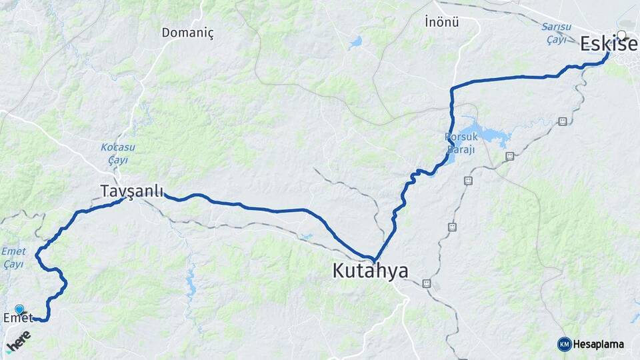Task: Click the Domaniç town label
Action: [x=187, y=32]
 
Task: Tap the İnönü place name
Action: [x=442, y=21]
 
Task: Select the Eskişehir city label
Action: [x=608, y=44]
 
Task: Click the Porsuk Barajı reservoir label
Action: [x=460, y=143]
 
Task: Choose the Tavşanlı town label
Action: [x=132, y=191]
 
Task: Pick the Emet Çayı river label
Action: [x=13, y=257]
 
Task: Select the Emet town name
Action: [x=18, y=318]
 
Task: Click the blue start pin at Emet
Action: [x=19, y=309]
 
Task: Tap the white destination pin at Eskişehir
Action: [x=622, y=35]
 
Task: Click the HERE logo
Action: [x=18, y=341]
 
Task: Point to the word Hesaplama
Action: [x=599, y=344]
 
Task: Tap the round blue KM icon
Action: [x=564, y=344]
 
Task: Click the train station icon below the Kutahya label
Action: [x=427, y=283]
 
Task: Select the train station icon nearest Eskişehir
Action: [x=563, y=121]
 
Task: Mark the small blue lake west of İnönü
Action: [x=355, y=42]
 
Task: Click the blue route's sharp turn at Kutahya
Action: [x=374, y=260]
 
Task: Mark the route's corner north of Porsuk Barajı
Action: [x=452, y=89]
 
